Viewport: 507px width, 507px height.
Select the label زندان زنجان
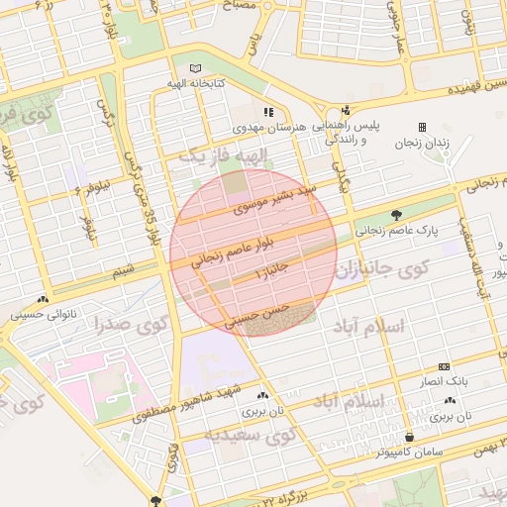pyautogui.click(x=423, y=143)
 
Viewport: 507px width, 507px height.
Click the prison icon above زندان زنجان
pyautogui.click(x=423, y=127)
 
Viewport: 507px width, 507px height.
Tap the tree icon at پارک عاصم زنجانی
pyautogui.click(x=397, y=214)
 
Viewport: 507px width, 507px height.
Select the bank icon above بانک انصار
pyautogui.click(x=444, y=365)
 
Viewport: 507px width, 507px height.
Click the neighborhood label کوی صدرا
pyautogui.click(x=132, y=325)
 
